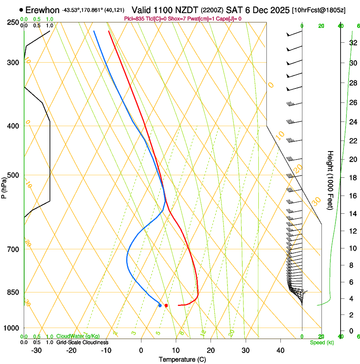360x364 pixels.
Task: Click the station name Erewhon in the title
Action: click(x=42, y=10)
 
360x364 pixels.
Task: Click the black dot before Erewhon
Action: click(x=22, y=10)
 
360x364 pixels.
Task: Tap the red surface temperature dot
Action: click(x=166, y=305)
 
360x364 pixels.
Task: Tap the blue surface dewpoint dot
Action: click(x=160, y=305)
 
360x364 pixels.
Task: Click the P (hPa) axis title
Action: click(x=4, y=187)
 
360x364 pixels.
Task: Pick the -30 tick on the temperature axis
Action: click(x=36, y=350)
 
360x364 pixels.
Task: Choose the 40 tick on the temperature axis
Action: click(x=280, y=350)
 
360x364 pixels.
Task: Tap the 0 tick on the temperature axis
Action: click(x=141, y=350)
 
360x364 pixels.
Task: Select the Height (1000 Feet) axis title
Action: click(x=330, y=180)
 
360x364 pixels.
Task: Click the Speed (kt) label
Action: click(x=321, y=342)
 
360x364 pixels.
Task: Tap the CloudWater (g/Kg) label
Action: click(x=78, y=336)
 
